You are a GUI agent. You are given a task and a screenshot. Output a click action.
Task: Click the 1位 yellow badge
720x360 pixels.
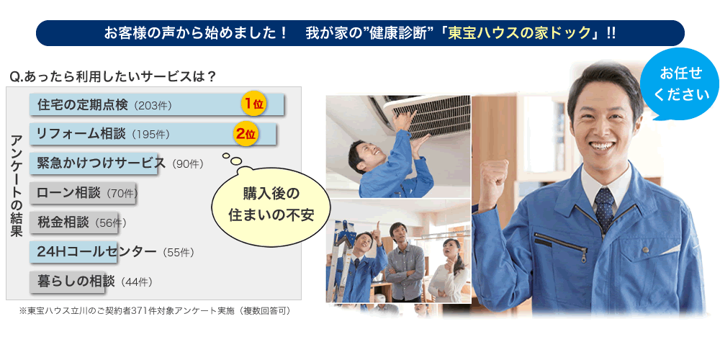254,104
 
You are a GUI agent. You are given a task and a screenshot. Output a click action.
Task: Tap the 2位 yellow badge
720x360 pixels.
246,134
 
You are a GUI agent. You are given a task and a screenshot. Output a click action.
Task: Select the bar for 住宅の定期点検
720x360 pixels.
157,104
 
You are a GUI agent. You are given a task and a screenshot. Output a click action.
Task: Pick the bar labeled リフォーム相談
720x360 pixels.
153,134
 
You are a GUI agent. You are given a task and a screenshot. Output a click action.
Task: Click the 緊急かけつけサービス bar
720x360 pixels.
94,163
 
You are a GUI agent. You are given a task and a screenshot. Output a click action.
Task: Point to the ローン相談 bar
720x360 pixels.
83,193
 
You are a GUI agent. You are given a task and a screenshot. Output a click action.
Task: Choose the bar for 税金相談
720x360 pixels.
74,222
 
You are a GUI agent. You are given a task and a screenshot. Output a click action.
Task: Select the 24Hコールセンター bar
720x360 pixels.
73,252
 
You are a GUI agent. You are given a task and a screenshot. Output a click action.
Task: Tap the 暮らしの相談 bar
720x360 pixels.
68,282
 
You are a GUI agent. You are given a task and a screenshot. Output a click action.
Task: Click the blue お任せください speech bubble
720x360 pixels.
680,85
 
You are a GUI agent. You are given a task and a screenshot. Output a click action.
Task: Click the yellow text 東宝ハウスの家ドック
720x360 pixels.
519,33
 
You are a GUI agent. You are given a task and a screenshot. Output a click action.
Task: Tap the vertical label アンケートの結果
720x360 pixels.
17,186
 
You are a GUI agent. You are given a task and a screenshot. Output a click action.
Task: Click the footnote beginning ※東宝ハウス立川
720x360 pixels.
155,311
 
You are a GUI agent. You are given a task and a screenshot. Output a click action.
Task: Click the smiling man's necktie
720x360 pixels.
604,209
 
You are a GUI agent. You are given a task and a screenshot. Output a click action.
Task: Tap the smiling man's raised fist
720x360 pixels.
492,178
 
